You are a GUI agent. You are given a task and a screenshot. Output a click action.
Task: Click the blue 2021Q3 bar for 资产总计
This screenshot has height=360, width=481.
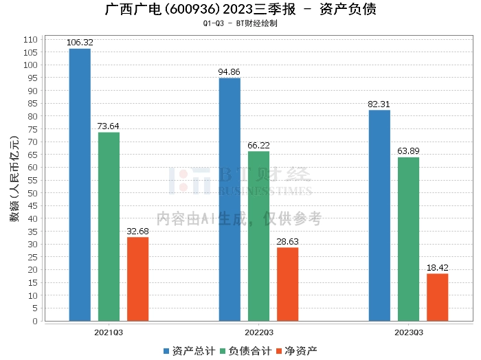80,185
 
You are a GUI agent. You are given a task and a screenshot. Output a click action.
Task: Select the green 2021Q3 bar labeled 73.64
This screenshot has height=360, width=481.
109,227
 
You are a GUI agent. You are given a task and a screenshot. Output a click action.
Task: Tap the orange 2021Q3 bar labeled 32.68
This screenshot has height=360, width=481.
137,279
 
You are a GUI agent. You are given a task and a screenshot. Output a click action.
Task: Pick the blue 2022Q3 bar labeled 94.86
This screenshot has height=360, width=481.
230,200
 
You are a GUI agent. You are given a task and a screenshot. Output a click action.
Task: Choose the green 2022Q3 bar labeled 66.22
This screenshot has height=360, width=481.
258,236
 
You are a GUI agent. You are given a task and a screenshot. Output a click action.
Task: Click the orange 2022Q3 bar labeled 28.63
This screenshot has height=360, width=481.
288,284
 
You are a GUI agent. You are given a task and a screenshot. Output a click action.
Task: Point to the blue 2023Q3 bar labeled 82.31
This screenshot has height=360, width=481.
379,216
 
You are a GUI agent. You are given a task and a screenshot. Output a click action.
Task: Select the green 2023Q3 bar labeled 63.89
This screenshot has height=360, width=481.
408,239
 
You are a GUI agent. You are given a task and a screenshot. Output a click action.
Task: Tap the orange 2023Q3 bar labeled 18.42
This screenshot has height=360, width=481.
438,297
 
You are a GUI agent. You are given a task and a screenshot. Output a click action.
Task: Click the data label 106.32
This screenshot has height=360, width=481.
80,43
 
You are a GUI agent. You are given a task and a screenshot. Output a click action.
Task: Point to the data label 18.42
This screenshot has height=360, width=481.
438,268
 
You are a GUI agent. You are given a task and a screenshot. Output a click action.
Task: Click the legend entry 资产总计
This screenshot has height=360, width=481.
190,351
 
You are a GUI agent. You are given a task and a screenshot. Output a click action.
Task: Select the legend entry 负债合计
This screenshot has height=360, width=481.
246,351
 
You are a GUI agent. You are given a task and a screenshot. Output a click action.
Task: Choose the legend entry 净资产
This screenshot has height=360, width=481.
297,351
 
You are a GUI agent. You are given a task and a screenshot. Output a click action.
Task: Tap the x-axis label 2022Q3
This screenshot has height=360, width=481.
259,333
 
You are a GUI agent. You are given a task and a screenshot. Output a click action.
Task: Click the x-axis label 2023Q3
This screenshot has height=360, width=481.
409,333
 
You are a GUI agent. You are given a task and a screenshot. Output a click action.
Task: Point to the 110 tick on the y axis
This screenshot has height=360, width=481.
30,40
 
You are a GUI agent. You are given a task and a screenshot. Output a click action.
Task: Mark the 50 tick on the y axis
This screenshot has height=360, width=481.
32,193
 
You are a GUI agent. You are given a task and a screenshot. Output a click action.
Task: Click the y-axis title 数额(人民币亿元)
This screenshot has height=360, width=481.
14,179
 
